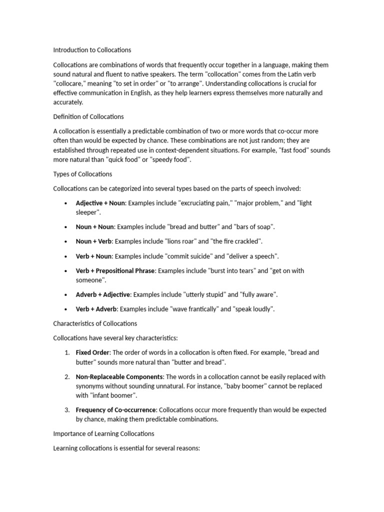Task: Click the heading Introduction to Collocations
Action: [x=92, y=50]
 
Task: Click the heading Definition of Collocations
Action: [x=88, y=116]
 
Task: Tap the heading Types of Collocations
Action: [x=82, y=174]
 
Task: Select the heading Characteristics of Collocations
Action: [x=95, y=323]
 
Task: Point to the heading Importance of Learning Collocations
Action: [x=103, y=433]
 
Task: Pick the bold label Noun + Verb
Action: [x=94, y=241]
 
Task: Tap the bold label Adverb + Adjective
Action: [x=102, y=294]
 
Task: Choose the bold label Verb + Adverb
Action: [x=96, y=309]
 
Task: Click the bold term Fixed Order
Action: [x=92, y=352]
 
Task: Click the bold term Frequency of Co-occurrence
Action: [x=116, y=410]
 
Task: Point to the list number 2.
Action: [x=66, y=376]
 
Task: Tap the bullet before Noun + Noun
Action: [x=66, y=227]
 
